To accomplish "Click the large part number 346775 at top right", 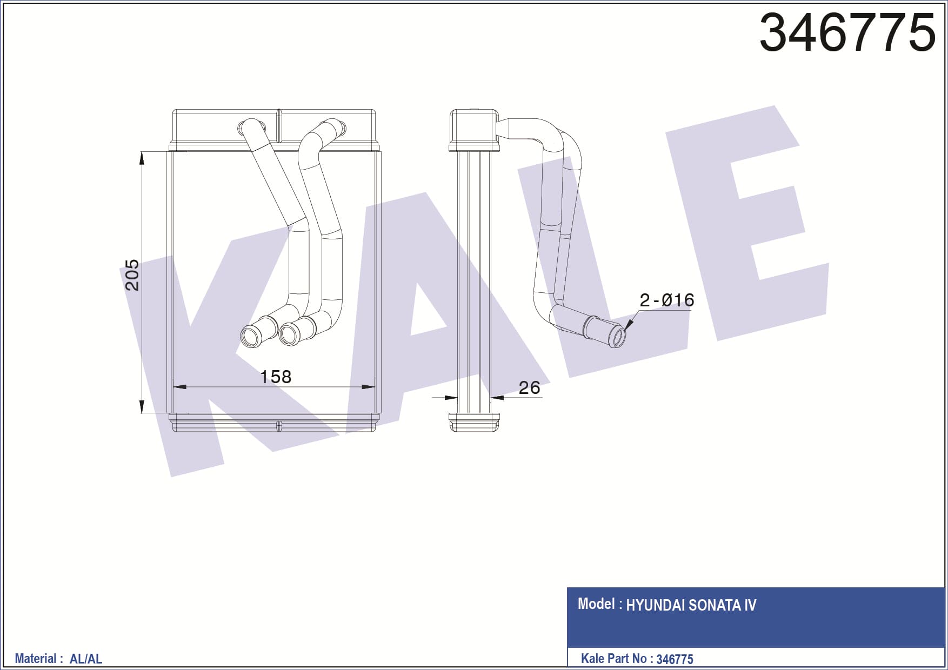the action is [847, 32].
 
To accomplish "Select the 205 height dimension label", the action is [132, 275].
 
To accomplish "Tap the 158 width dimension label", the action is [276, 377].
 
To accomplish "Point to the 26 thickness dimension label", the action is [529, 387].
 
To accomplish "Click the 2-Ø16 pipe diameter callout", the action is [666, 300].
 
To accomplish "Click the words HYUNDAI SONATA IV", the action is [691, 605].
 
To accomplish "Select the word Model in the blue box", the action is [596, 604].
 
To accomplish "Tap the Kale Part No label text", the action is [613, 658].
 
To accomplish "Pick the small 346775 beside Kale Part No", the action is [675, 659].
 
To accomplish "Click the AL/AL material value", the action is [86, 659].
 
